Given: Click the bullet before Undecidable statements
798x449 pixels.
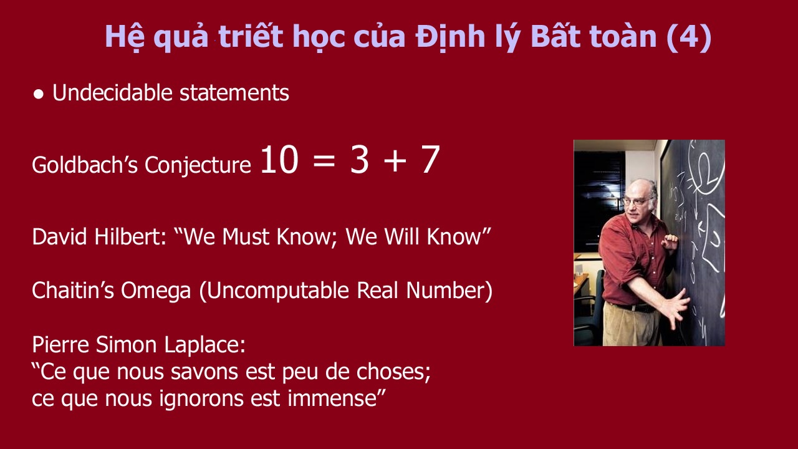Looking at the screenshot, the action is [39, 94].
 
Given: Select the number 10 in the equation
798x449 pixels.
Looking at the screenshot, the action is [279, 160].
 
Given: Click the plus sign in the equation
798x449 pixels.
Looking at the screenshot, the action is [395, 161].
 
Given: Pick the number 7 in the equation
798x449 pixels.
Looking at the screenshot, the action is [430, 160].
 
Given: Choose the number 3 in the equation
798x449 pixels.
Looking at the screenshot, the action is [359, 160].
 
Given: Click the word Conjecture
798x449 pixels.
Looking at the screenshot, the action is [198, 166].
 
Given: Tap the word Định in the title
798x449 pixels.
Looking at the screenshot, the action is [450, 37].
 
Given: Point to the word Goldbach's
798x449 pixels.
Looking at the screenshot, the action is [85, 165].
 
